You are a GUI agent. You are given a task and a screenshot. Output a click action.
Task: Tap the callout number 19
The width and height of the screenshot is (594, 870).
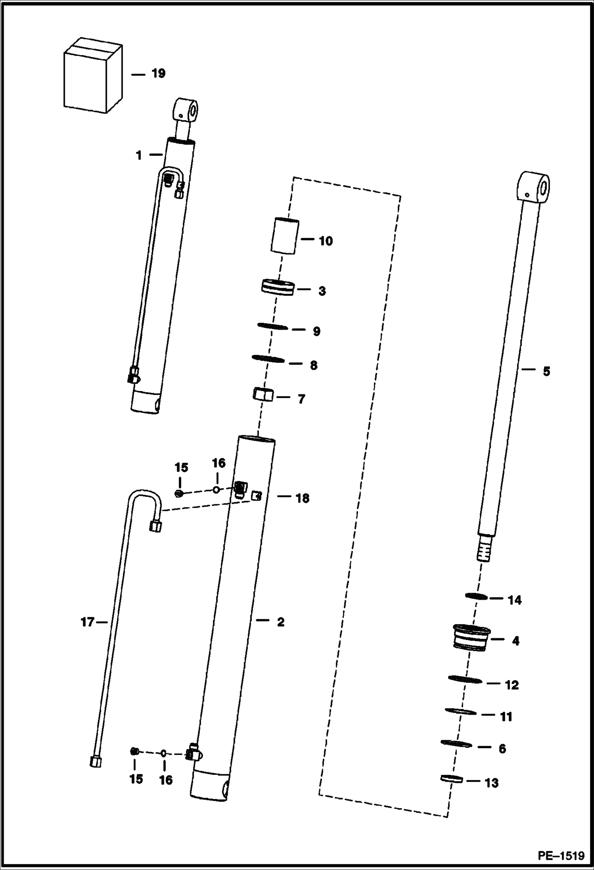[x=158, y=74]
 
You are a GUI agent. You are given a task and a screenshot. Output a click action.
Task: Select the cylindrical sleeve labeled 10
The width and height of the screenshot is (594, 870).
[x=285, y=236]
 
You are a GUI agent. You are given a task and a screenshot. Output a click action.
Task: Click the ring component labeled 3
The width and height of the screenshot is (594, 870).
[x=278, y=288]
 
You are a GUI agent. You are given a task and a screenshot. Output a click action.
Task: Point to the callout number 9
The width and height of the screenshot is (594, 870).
[x=316, y=331]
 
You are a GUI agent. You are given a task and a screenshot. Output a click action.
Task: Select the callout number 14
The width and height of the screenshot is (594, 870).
[x=515, y=600]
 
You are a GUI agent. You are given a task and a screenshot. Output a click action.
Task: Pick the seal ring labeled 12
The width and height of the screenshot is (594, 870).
[x=465, y=680]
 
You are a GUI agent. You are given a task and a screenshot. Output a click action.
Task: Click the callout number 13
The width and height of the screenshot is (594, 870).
[x=492, y=783]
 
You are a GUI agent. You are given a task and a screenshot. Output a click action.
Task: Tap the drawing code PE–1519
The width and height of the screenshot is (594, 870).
[x=561, y=856]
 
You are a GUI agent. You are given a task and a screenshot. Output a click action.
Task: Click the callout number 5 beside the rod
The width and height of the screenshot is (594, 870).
[x=546, y=372]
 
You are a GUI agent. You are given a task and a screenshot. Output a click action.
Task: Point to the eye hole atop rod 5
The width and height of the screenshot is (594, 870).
[x=544, y=186]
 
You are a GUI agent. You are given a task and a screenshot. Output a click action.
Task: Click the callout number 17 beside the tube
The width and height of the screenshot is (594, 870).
[x=87, y=623]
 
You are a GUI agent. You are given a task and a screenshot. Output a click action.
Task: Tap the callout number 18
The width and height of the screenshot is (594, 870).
[x=303, y=498]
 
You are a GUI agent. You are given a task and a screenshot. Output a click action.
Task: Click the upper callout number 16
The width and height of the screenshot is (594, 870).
[x=218, y=463]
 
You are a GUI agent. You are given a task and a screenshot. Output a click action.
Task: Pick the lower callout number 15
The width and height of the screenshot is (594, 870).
[x=136, y=779]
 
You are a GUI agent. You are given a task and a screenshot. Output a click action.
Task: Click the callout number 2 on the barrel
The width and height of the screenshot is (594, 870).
[x=280, y=622]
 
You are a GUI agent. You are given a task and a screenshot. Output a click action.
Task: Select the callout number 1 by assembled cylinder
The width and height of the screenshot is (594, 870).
[x=139, y=155]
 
